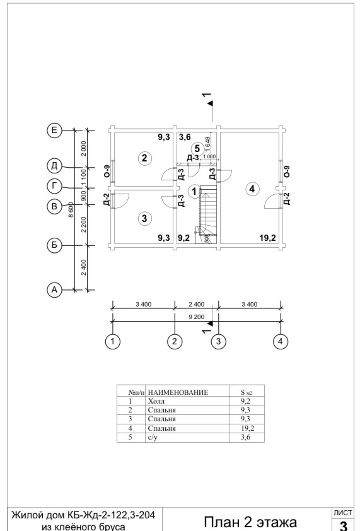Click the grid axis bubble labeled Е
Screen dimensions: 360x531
point(54,131)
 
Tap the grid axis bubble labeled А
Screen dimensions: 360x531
point(54,290)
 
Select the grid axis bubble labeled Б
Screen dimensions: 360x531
point(54,245)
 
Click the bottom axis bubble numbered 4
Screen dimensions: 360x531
point(280,341)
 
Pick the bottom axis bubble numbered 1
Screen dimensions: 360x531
point(112,341)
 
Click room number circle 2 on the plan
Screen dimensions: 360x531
point(144,158)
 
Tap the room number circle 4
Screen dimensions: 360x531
point(252,189)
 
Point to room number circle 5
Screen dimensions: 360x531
point(197,149)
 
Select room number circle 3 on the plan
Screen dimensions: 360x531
point(144,218)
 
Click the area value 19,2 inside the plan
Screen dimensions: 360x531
point(267,238)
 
